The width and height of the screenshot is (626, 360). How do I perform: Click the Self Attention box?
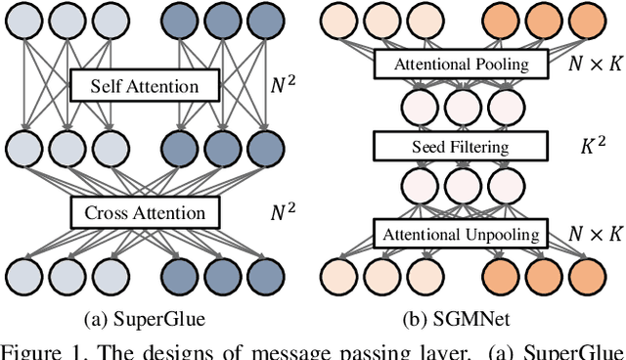(146, 87)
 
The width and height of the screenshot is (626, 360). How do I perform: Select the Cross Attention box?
(146, 212)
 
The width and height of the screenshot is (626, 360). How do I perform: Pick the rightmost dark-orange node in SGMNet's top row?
(583, 22)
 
